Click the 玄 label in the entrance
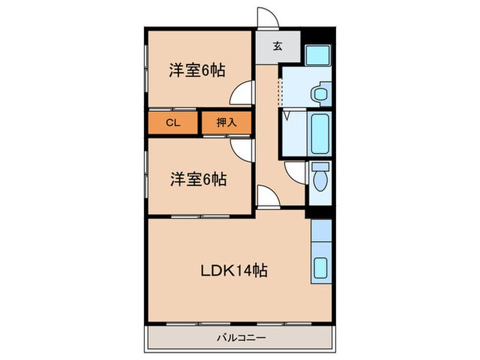(x=277, y=47)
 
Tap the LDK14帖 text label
(x=234, y=271)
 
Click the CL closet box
(x=172, y=123)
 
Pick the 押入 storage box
(x=226, y=123)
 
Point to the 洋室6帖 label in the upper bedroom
(x=198, y=70)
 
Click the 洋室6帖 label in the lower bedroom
(x=198, y=179)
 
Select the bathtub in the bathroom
(x=321, y=134)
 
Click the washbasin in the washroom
(x=320, y=93)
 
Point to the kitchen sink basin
(x=320, y=267)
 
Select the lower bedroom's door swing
(x=243, y=146)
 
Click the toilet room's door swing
(x=295, y=173)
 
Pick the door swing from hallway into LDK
(x=267, y=196)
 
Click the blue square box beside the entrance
(x=317, y=53)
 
